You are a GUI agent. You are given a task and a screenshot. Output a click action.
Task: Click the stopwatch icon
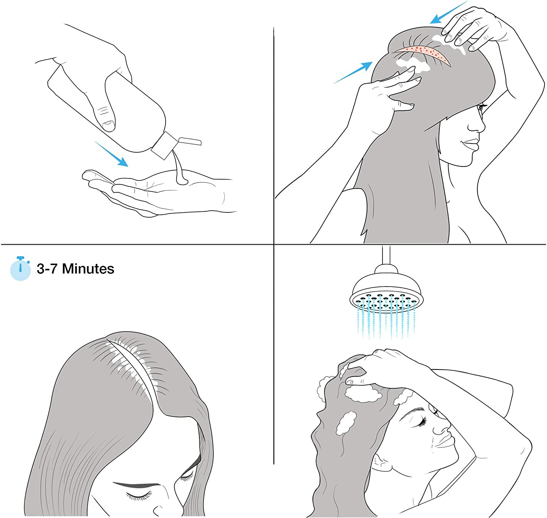pyautogui.click(x=20, y=268)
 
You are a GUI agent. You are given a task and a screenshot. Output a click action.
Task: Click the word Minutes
pyautogui.click(x=88, y=269)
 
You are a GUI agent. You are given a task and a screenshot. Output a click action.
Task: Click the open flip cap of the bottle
pyautogui.click(x=190, y=141)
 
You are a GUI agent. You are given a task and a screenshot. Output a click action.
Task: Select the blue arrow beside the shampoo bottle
pyautogui.click(x=111, y=154)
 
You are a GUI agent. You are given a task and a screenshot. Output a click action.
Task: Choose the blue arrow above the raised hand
pyautogui.click(x=449, y=12)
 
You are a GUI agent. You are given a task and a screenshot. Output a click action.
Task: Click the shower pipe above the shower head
pyautogui.click(x=386, y=255)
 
